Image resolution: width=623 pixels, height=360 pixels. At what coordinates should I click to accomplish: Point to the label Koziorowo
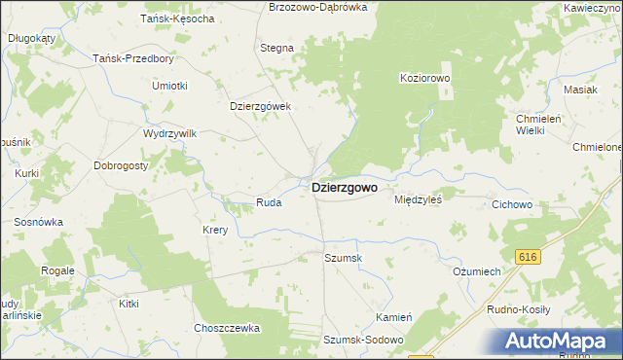(423, 77)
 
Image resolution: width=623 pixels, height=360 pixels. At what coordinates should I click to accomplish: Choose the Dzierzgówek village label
(261, 107)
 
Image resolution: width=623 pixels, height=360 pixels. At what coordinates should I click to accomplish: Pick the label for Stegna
(277, 47)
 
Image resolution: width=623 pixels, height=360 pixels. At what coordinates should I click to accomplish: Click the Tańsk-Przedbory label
(133, 57)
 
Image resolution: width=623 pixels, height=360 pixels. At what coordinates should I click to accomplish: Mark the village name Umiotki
(169, 86)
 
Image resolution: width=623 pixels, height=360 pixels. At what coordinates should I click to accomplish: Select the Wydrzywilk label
(170, 132)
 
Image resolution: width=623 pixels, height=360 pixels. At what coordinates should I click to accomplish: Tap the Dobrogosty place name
(121, 165)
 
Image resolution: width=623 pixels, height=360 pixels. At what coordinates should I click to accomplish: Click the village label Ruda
(269, 202)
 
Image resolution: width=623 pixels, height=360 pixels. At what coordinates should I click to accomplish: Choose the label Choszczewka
(227, 328)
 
